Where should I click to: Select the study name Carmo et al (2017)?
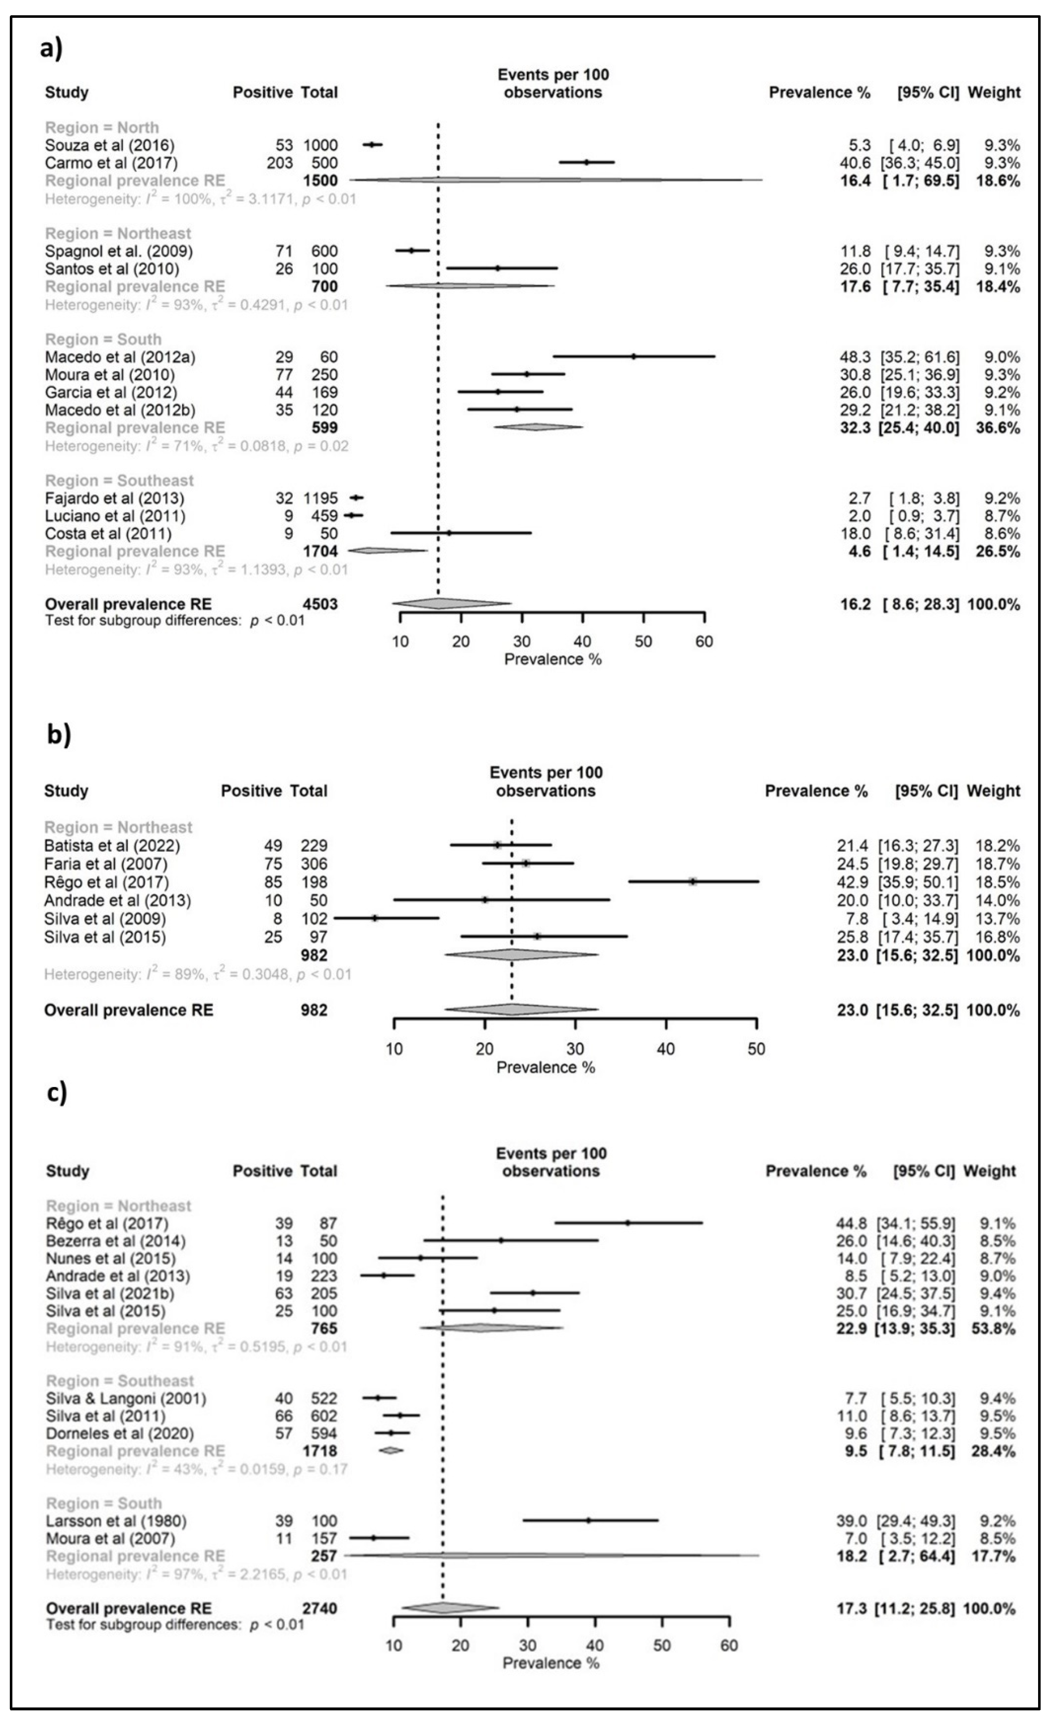[111, 163]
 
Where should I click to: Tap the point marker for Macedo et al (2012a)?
[634, 357]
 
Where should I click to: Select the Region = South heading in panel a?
[103, 339]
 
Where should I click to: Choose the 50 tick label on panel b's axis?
[757, 1049]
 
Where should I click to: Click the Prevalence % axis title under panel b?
[546, 1068]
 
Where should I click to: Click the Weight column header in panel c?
[989, 1171]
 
